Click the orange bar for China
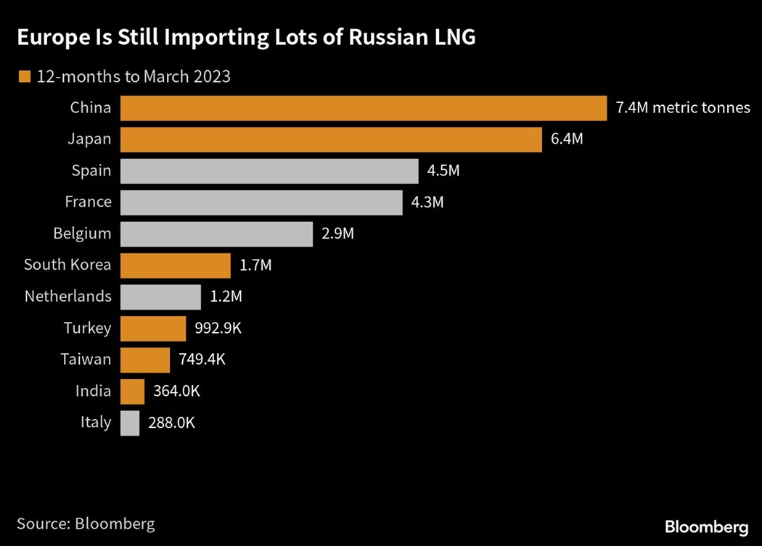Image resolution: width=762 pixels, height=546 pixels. tap(363, 108)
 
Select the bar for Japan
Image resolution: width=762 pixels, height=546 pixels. tap(331, 140)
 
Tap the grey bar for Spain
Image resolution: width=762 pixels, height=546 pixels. tap(269, 171)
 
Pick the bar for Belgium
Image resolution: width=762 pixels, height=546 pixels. tap(216, 234)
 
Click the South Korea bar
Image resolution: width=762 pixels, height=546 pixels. tap(175, 265)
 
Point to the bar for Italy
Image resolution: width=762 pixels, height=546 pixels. tap(130, 423)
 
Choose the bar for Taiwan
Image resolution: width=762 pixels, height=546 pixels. tap(144, 360)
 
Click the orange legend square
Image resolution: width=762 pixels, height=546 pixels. tap(25, 76)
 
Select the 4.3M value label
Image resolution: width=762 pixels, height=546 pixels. tap(427, 202)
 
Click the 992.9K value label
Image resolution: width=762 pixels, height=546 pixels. tap(218, 328)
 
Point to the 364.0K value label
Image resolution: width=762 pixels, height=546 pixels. tap(176, 392)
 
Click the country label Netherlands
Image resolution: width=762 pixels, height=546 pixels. tap(67, 297)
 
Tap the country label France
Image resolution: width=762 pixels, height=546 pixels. tap(88, 202)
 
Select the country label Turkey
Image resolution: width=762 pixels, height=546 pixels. tap(87, 328)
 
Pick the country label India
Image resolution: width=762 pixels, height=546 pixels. tap(93, 392)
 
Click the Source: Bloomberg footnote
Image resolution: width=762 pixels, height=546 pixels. tap(86, 523)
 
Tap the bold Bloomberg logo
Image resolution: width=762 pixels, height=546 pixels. tap(706, 526)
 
